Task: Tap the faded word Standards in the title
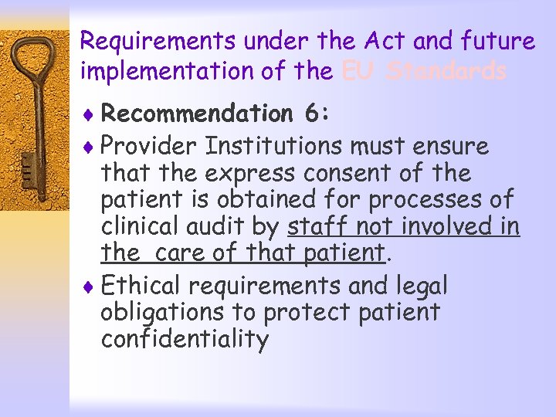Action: (x=447, y=72)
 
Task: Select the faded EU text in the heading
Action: (x=358, y=72)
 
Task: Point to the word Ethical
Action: (x=144, y=286)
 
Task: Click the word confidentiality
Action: (x=185, y=340)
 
